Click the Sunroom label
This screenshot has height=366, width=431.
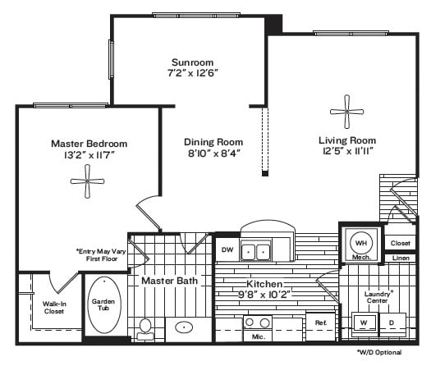pos(192,62)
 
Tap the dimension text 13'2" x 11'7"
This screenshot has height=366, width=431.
pos(89,155)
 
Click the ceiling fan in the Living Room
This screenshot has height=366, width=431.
pos(347,112)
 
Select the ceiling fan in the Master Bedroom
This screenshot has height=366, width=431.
pos(87,181)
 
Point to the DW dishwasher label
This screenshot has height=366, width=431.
pos(227,249)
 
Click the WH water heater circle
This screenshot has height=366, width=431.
pos(361,244)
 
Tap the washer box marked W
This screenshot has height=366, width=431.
pos(364,323)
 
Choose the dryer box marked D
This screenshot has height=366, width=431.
pos(392,323)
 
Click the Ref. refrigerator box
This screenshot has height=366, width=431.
pos(321,327)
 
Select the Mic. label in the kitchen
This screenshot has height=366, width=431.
pos(259,336)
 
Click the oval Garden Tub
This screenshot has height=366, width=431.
pos(104,304)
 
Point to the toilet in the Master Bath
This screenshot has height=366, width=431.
pos(145,329)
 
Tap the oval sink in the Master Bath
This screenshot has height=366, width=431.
pos(184,327)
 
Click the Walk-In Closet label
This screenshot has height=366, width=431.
pos(54,308)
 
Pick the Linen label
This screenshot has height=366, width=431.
pos(401,258)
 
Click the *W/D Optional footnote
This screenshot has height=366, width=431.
pos(379,352)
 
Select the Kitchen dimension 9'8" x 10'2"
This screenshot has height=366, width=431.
pos(264,295)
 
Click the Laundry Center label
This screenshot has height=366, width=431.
pos(378,297)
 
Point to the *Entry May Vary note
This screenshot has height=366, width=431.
pos(101,251)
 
